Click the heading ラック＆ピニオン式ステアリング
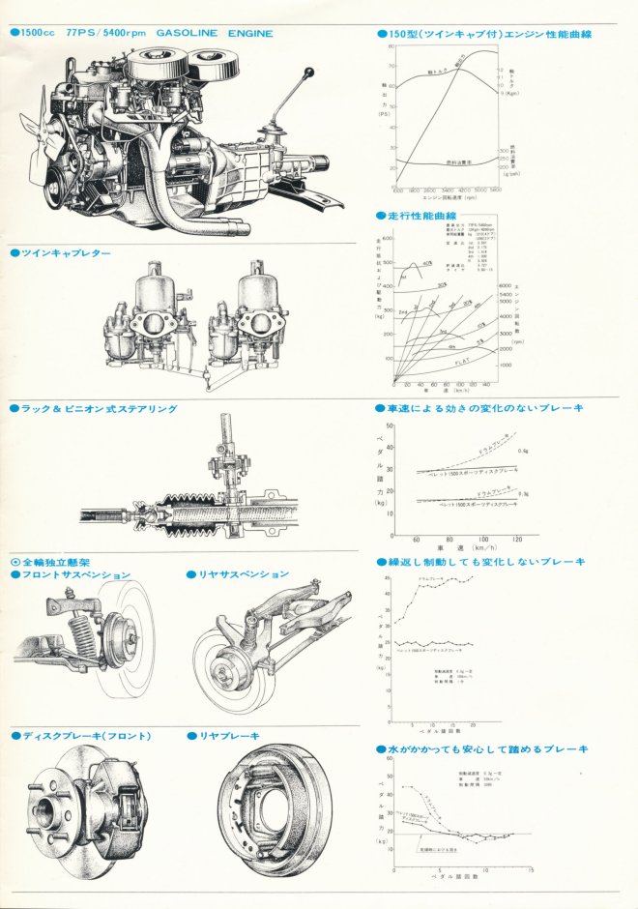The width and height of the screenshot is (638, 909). coord(100,409)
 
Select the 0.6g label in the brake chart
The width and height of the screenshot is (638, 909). coord(523,451)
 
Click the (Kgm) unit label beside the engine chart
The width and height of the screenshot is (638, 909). coord(510,95)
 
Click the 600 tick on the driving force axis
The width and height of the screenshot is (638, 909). coord(389,238)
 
